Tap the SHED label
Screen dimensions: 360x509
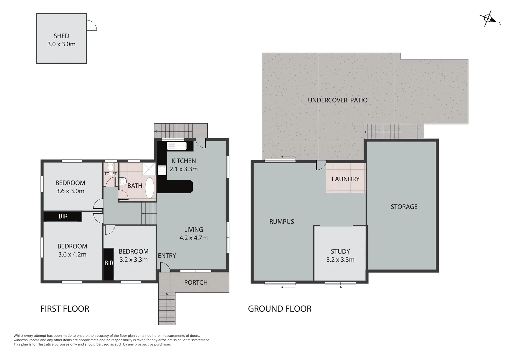61,36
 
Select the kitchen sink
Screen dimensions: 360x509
177,146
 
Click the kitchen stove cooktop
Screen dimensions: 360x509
162,170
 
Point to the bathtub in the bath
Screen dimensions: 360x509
150,188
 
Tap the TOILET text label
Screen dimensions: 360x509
111,174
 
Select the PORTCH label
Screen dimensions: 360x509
196,283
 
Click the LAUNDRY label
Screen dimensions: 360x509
345,179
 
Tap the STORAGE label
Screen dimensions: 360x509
404,207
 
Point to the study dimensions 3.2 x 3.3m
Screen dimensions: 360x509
340,260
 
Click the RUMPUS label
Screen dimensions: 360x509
281,222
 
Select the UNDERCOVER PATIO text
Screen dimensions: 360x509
337,100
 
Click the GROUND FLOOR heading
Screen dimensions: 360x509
279,309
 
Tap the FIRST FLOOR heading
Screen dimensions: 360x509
65,309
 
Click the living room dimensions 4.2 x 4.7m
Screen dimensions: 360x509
193,238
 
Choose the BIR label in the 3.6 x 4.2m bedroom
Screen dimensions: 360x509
63,216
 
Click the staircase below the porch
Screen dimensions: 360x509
167,308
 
